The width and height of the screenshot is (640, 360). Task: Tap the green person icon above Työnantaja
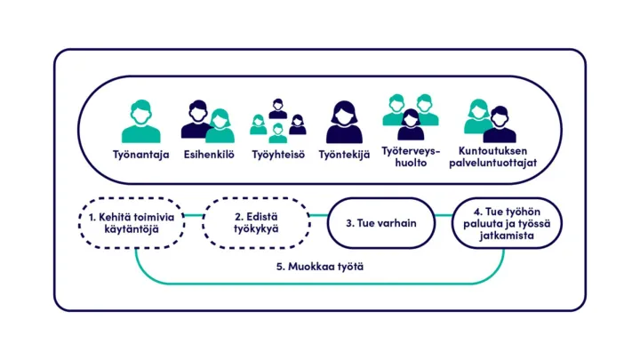140,122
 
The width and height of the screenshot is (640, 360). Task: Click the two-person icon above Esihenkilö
208,122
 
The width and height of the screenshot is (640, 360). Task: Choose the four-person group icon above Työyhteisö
277,121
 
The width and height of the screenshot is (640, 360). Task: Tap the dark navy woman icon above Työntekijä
345,122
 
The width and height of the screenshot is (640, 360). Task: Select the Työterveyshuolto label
411,156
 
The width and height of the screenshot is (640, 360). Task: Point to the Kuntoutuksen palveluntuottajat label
486,156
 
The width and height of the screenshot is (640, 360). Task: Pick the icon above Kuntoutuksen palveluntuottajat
486,120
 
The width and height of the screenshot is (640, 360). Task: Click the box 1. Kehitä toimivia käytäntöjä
131,222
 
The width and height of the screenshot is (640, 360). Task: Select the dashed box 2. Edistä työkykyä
257,222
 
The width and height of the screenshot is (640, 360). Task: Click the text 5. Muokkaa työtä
325,266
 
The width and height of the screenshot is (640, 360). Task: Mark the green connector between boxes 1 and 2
194,214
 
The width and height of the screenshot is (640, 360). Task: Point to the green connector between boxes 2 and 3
320,214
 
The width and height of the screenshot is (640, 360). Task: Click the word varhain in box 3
399,222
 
